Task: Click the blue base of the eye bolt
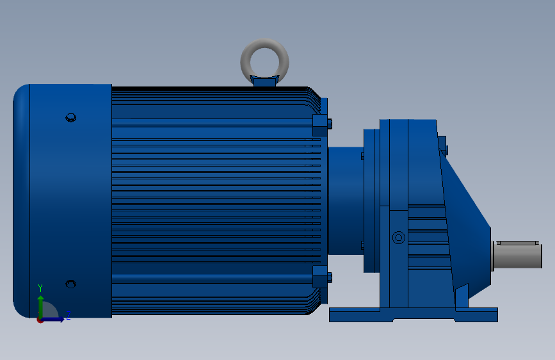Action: [x=264, y=81]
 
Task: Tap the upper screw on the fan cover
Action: [x=71, y=118]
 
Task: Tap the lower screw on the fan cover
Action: [x=71, y=284]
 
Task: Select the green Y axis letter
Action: [x=40, y=288]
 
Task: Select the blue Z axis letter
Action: [x=68, y=315]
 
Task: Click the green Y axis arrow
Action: [x=41, y=307]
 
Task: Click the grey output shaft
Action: [x=517, y=255]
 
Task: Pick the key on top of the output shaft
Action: [x=517, y=243]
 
